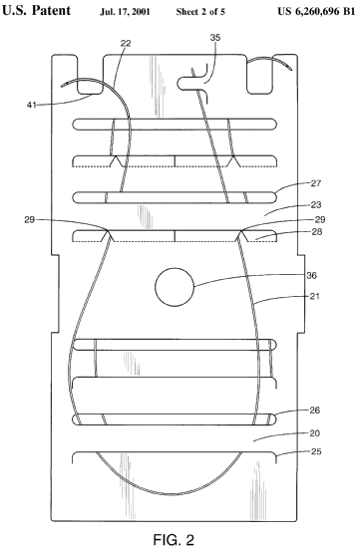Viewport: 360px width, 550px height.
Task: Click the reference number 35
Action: (215, 37)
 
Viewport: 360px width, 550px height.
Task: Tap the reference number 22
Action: (126, 43)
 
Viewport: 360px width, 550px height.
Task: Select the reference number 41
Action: (32, 105)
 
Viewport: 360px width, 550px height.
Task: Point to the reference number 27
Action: (316, 183)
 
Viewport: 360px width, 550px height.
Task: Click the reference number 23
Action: (316, 204)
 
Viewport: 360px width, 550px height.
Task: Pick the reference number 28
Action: (317, 232)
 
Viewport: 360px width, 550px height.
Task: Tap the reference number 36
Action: (311, 275)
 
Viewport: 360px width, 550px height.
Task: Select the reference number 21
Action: (315, 296)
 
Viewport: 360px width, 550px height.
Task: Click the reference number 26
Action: (315, 411)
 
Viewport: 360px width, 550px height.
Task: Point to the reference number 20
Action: (315, 433)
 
